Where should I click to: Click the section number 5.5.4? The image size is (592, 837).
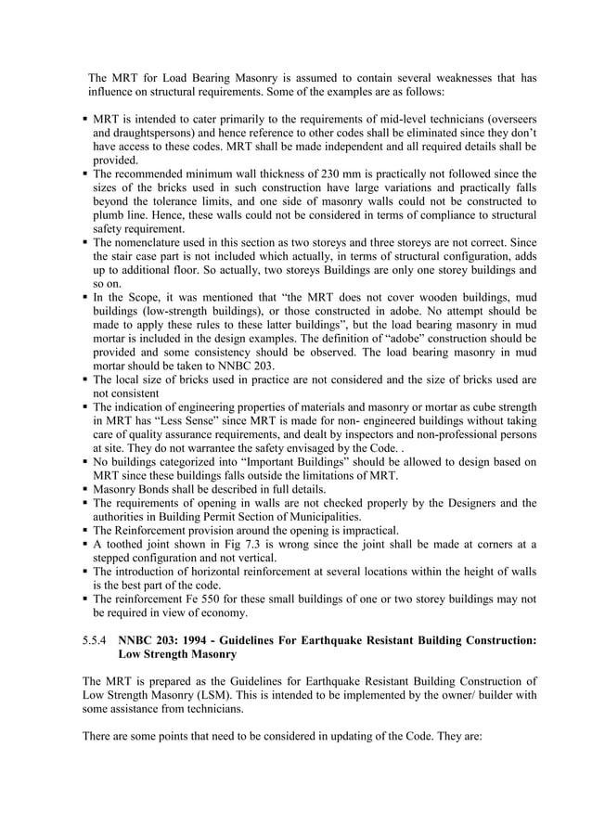click(97, 639)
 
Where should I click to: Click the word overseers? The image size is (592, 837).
click(508, 120)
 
